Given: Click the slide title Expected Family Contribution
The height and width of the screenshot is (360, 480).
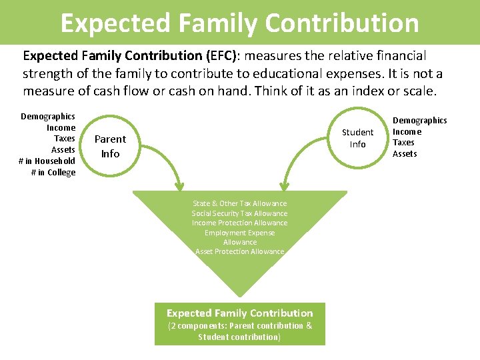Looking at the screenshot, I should tap(240, 22).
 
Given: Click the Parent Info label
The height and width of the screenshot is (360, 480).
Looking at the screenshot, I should tap(110, 146).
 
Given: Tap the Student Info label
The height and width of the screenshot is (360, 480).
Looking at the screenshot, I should tap(358, 138).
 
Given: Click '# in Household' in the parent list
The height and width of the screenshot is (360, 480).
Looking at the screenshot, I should tap(47, 161).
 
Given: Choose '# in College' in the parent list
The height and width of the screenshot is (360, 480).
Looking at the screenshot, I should tap(53, 173).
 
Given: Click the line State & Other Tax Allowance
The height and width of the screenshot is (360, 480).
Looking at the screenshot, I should tap(240, 203).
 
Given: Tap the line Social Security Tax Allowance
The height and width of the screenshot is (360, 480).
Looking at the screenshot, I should tap(240, 213).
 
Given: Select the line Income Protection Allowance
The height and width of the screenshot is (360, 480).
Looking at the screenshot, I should tap(240, 223).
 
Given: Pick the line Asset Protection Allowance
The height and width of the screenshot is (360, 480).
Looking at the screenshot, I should tap(240, 251).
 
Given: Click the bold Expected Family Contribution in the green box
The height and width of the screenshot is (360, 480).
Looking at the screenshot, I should tap(240, 313).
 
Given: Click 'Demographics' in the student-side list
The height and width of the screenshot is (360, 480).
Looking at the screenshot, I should tap(420, 120).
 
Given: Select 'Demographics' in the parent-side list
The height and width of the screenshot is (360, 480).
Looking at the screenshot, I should tap(48, 116).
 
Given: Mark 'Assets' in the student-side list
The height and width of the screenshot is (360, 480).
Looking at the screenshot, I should tap(405, 153).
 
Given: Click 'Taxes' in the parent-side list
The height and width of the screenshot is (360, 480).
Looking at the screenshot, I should tap(65, 139).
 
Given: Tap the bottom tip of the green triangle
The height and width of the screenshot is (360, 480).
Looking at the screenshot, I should tap(240, 295).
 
